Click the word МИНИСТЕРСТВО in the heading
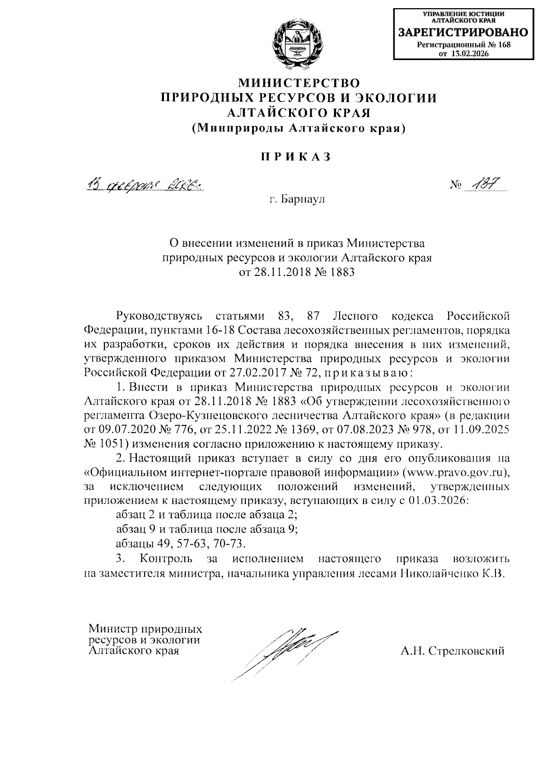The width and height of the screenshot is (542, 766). point(299,83)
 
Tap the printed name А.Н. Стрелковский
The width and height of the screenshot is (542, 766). point(452,651)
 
